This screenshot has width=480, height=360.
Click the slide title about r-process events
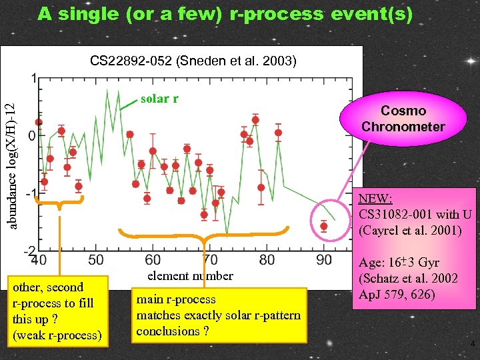[225, 13]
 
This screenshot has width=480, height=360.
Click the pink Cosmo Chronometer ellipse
[403, 119]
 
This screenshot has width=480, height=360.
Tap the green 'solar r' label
[159, 99]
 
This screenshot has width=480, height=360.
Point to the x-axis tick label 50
[95, 259]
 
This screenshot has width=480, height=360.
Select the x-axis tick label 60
[153, 259]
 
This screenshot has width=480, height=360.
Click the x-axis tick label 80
[267, 259]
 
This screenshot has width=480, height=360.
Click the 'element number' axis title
[190, 275]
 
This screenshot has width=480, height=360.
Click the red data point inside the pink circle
[324, 226]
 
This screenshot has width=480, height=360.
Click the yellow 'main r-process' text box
[218, 315]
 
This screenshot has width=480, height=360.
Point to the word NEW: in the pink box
[375, 199]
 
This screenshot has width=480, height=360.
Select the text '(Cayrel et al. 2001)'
[409, 231]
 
